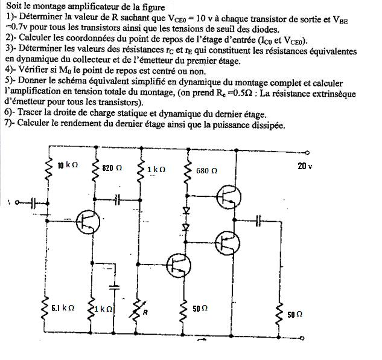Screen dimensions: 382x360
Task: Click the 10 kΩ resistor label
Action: [68, 165]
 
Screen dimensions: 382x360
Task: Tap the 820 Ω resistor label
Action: [112, 167]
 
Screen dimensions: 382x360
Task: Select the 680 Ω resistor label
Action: [206, 170]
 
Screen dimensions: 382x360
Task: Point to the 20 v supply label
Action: [305, 166]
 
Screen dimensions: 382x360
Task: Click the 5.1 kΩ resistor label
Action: [62, 307]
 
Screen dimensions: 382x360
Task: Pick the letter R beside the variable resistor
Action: [145, 312]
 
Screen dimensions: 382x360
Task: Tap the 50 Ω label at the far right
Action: [294, 315]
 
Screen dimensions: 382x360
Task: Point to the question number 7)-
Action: [10, 125]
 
